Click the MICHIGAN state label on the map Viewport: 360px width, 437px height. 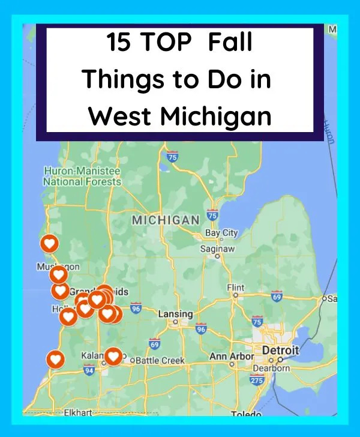tap(166, 220)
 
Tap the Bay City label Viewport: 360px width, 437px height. tap(221, 233)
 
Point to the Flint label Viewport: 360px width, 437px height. tap(236, 288)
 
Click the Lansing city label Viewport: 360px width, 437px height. tap(175, 314)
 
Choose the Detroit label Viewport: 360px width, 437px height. tap(278, 350)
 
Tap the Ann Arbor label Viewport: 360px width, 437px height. tap(232, 357)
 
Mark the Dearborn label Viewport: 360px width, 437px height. tap(271, 368)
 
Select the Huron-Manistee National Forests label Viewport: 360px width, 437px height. tap(82, 176)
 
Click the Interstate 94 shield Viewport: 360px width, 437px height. tap(89, 370)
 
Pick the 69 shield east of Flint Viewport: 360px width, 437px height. tap(277, 297)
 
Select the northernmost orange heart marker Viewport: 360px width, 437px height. tap(49, 244)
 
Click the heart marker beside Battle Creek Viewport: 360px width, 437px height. tap(113, 357)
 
